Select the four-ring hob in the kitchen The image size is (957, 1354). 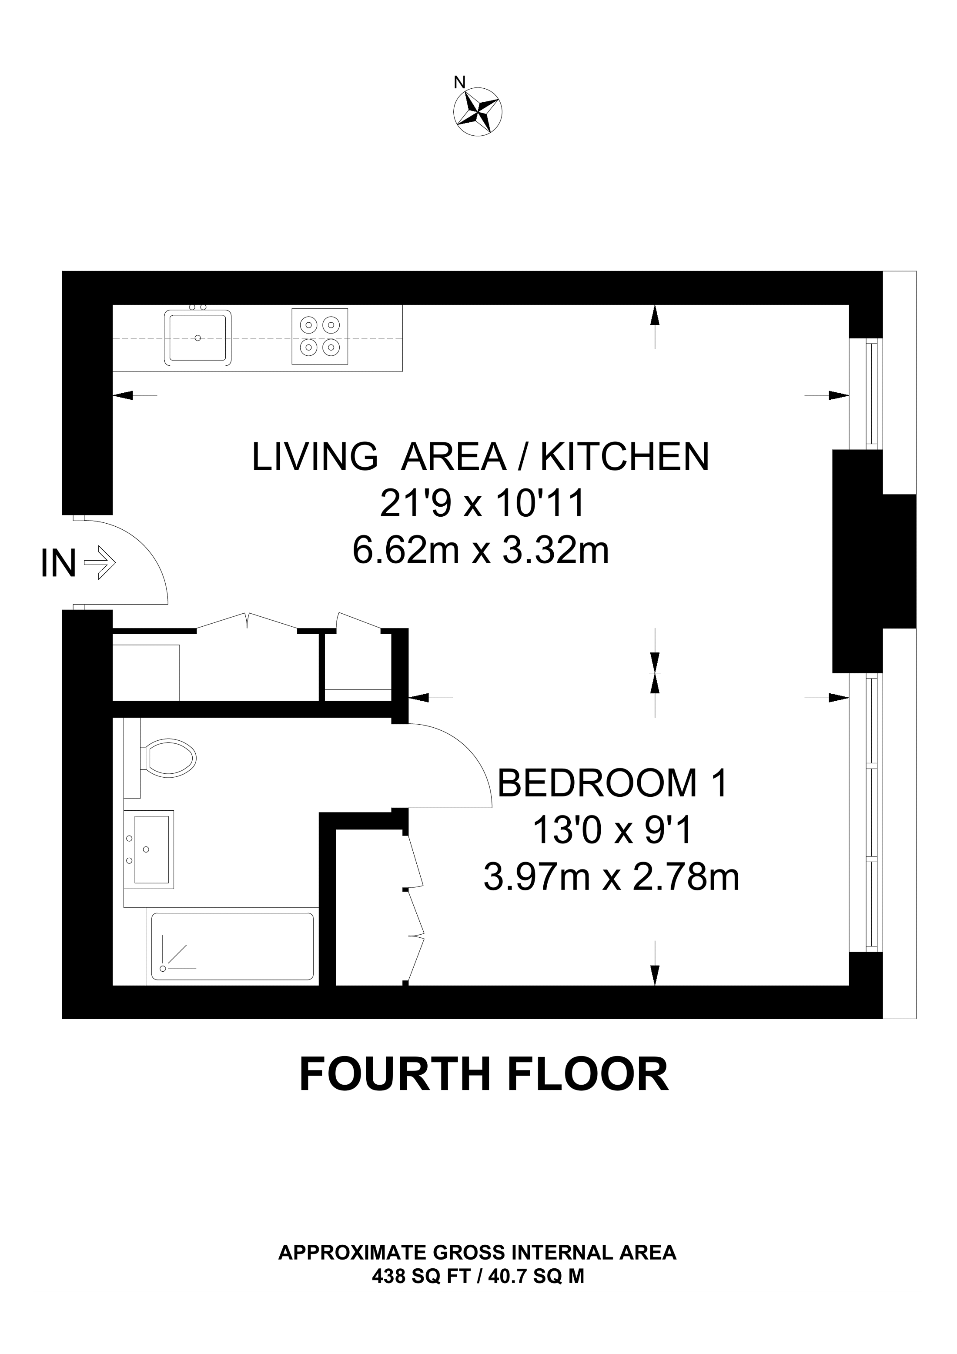pos(320,336)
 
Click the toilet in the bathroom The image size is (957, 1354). pos(168,757)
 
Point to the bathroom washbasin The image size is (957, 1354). pos(149,849)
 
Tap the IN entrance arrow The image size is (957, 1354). pos(99,562)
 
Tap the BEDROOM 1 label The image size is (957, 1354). pos(613,783)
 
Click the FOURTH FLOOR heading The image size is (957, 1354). pos(484,1074)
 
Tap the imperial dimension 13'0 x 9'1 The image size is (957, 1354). pos(612,830)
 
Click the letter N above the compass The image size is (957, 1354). pos(460,83)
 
